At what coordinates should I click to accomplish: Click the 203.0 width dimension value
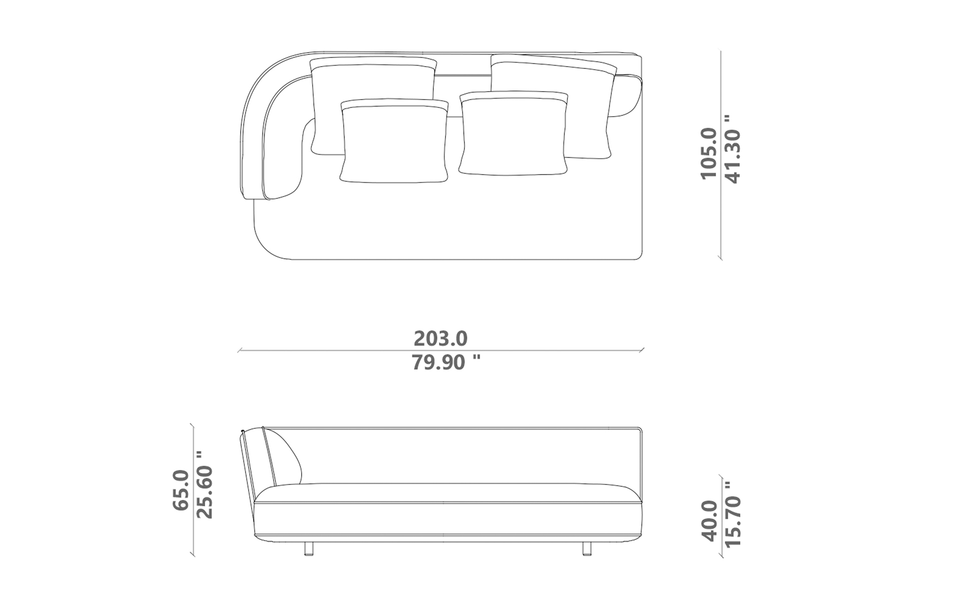click(x=440, y=339)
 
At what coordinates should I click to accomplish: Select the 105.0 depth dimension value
click(x=709, y=153)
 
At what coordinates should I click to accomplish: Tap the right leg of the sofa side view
click(x=587, y=548)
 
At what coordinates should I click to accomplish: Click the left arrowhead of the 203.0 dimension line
click(x=239, y=351)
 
